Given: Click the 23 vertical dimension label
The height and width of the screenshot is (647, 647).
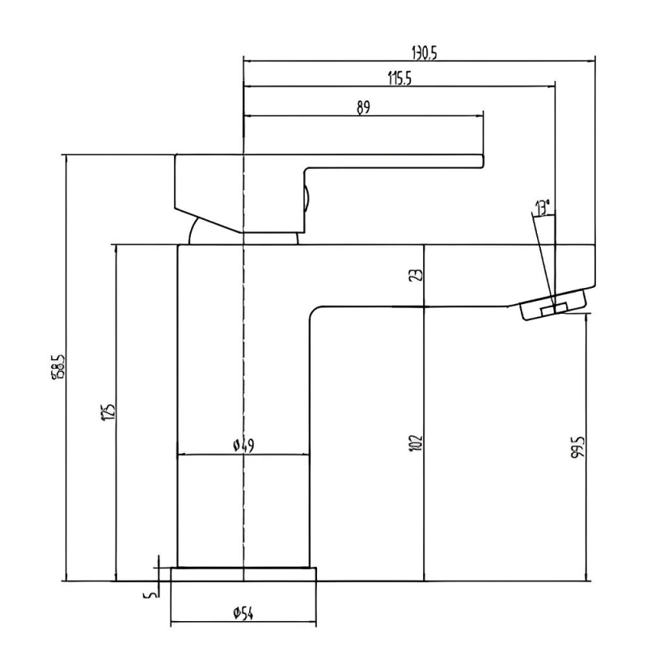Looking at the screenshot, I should point(416,275).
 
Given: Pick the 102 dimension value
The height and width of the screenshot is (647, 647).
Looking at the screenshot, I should point(416,442).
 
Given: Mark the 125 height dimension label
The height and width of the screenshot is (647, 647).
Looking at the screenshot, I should point(108,412).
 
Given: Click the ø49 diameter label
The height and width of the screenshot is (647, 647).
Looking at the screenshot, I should point(243,445).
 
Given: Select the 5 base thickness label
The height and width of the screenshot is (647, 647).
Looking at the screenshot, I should point(148,596).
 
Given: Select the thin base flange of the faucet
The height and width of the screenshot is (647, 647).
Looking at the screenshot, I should point(244,574).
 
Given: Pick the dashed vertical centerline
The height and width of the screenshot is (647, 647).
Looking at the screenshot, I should point(243,364).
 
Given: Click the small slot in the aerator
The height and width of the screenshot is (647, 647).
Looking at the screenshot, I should point(553,309).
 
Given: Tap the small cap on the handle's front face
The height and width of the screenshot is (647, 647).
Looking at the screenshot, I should point(306,199).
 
